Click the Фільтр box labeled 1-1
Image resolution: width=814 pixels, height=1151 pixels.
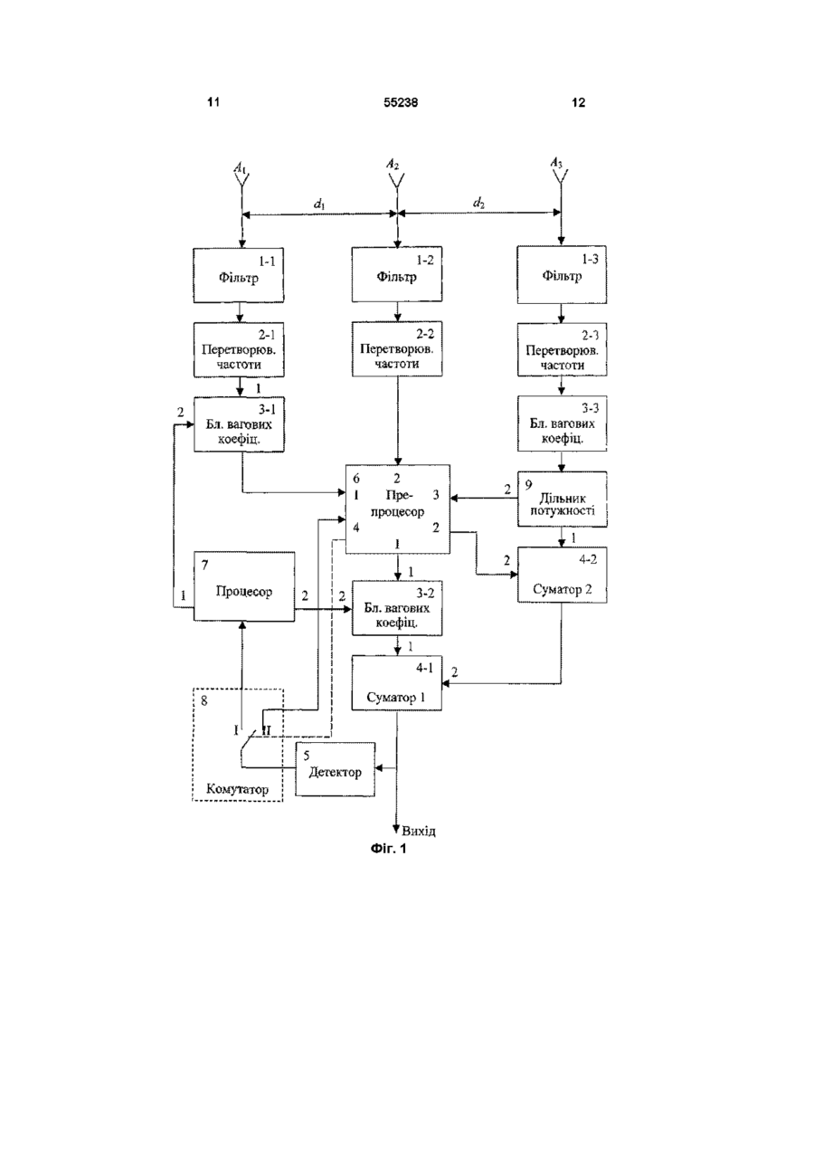(238, 275)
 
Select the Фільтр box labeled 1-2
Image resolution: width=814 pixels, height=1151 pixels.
(396, 274)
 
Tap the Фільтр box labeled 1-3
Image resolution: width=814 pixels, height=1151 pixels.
(562, 274)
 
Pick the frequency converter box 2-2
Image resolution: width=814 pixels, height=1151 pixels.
(396, 349)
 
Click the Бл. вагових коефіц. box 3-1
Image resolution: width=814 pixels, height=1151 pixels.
(239, 424)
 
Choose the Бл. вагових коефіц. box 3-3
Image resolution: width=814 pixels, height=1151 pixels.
(562, 423)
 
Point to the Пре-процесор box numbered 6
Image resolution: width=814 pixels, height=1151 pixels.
(397, 509)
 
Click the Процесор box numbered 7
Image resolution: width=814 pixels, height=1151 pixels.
(244, 586)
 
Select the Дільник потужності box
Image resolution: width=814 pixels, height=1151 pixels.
(562, 499)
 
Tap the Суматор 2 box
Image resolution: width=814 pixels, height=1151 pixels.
(562, 575)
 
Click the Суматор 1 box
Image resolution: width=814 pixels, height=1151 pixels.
(396, 683)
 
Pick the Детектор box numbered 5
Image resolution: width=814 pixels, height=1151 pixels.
(335, 769)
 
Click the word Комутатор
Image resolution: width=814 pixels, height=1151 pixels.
(237, 789)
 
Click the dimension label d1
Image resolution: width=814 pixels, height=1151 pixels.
(319, 204)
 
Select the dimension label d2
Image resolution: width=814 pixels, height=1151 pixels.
(478, 203)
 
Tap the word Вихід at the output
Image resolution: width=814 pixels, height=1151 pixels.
(419, 831)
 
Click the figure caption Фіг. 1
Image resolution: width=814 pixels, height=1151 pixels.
(388, 849)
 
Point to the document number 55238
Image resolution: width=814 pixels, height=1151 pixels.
(401, 103)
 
